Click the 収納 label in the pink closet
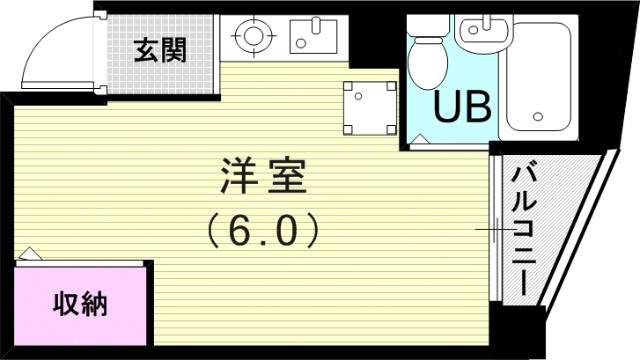tap(81, 304)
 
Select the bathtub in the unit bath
tap(540, 78)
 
